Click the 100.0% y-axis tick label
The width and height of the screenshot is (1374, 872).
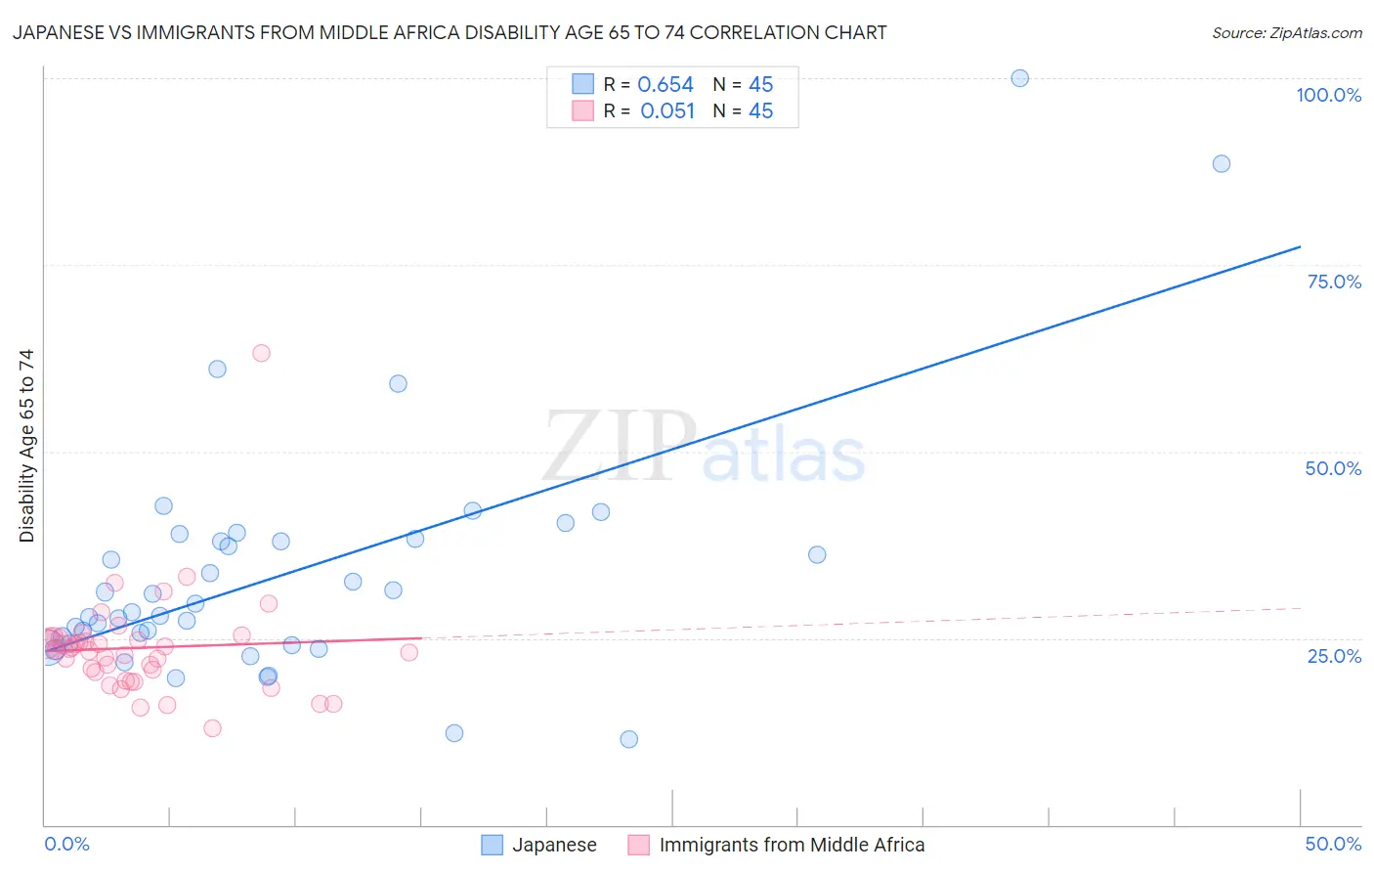1328,95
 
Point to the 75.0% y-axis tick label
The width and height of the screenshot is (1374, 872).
1334,282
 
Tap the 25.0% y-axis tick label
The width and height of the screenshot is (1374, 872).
1334,656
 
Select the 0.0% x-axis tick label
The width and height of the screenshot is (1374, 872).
66,844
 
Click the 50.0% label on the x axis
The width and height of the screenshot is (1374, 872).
1333,844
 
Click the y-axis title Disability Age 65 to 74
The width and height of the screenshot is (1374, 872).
26,446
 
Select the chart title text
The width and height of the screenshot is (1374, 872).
450,32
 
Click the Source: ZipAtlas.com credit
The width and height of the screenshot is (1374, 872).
1286,32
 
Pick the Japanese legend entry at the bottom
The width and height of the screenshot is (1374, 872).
539,845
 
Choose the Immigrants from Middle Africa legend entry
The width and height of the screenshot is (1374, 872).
777,845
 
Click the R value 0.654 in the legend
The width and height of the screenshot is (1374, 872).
666,85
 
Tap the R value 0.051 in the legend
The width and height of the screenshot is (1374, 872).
667,111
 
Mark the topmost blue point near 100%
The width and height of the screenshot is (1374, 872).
1019,78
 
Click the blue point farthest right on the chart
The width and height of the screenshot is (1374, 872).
1221,163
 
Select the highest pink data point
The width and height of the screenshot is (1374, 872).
261,353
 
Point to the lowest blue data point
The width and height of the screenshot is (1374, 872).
628,739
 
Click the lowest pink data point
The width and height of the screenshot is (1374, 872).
212,728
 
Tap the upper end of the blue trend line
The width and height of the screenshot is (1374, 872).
1300,246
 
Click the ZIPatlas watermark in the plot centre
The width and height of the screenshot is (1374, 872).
704,447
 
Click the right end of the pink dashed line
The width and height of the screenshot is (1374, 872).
1300,608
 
